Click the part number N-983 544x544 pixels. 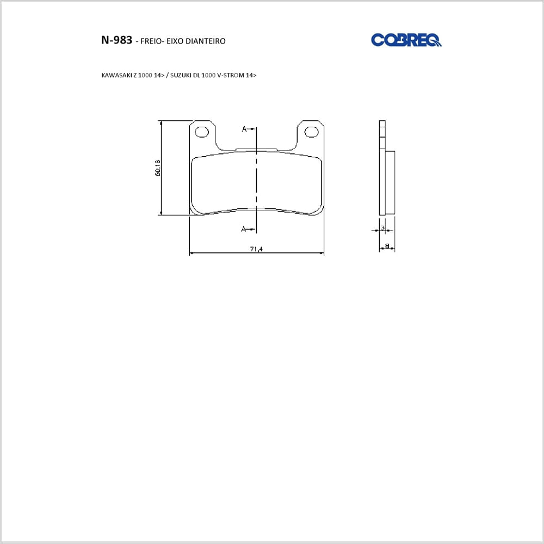(116, 40)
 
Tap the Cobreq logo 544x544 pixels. (406, 40)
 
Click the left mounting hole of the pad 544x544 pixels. (202, 132)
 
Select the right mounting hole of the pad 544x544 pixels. (311, 132)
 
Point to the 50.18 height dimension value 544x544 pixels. (157, 168)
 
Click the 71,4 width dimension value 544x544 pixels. (256, 249)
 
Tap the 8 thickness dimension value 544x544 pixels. (387, 246)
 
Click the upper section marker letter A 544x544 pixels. (244, 129)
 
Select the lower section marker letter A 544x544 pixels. (244, 229)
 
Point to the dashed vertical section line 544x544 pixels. (256, 180)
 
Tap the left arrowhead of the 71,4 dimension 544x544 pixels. (191, 253)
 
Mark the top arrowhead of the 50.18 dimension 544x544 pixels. (162, 123)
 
